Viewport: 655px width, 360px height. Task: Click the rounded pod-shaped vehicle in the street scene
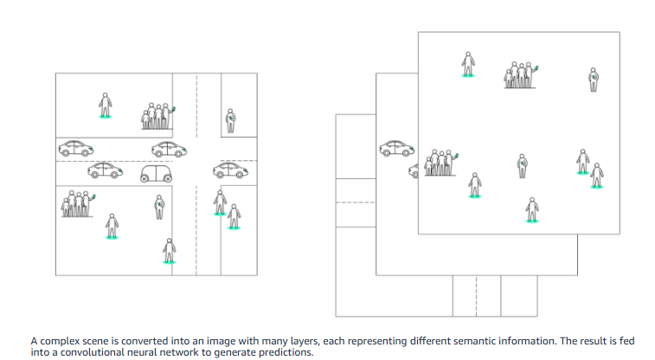pos(157,173)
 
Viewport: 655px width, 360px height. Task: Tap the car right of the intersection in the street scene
pos(231,168)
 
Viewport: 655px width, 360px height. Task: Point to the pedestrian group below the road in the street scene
pos(77,205)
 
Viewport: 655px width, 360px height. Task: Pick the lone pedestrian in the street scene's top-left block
pos(106,106)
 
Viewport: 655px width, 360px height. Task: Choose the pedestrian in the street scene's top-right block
pos(230,121)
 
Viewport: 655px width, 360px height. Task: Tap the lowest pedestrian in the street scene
pos(170,250)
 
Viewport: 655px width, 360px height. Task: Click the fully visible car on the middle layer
pos(396,149)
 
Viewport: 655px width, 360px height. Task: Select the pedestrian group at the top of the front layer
pos(520,75)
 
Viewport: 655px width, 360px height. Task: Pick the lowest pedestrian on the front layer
pos(531,209)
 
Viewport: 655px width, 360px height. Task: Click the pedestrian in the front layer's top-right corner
pos(594,80)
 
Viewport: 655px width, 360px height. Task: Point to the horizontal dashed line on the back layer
pos(355,203)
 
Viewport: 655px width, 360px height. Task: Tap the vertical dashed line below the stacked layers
pos(477,296)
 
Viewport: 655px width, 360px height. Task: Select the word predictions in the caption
pos(285,352)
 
